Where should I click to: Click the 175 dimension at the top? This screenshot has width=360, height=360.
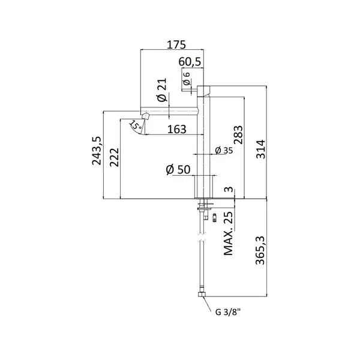pyautogui.click(x=176, y=44)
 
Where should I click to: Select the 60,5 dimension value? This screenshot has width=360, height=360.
pyautogui.click(x=190, y=62)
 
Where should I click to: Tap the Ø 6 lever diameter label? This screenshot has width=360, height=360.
pyautogui.click(x=186, y=79)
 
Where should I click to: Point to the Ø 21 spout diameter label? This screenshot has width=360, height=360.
pyautogui.click(x=162, y=90)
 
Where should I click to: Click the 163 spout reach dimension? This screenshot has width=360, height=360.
pyautogui.click(x=176, y=130)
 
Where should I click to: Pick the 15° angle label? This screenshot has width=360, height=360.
pyautogui.click(x=136, y=125)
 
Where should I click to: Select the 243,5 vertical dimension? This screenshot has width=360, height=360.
pyautogui.click(x=97, y=151)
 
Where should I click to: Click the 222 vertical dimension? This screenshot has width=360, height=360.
pyautogui.click(x=115, y=157)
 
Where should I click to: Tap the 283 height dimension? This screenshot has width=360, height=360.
pyautogui.click(x=238, y=135)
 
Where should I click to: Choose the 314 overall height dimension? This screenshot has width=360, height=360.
pyautogui.click(x=260, y=149)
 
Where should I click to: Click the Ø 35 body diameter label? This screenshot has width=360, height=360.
pyautogui.click(x=224, y=151)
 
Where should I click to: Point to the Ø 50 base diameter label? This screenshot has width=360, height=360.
pyautogui.click(x=178, y=170)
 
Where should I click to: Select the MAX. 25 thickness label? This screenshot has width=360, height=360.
pyautogui.click(x=228, y=233)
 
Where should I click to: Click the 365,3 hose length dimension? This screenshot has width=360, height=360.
pyautogui.click(x=260, y=250)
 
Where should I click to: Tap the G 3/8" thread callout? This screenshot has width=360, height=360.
pyautogui.click(x=228, y=312)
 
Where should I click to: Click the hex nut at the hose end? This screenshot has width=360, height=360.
pyautogui.click(x=202, y=294)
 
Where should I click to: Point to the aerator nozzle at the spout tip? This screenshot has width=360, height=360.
pyautogui.click(x=146, y=116)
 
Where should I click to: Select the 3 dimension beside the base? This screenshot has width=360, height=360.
pyautogui.click(x=229, y=190)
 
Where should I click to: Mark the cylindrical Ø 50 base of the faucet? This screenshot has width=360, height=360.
pyautogui.click(x=203, y=187)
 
